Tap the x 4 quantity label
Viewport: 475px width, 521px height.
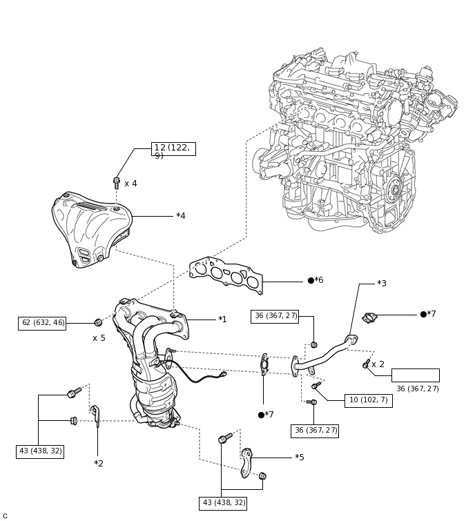(130, 184)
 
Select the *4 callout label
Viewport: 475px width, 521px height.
(181, 216)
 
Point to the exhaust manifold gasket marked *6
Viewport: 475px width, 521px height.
(226, 275)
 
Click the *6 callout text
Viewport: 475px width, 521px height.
(316, 280)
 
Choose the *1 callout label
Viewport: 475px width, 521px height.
(222, 320)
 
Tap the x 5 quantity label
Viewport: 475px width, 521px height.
(99, 338)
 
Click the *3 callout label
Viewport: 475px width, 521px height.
(382, 284)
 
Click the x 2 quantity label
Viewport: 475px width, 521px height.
(378, 364)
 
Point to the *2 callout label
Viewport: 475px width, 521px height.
(99, 464)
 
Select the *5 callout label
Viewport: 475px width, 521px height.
(300, 458)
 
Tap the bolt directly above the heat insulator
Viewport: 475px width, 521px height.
(117, 183)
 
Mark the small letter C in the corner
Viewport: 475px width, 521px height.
(5, 515)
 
